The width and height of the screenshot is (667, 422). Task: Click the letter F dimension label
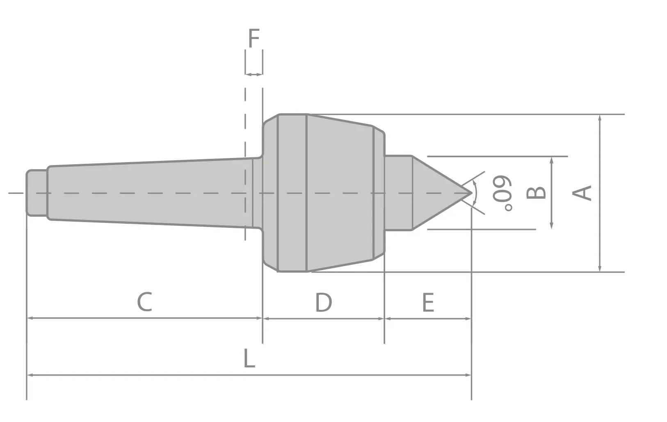tap(254, 39)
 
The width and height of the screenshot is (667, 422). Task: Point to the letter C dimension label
tap(145, 302)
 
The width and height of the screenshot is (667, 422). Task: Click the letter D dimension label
tap(323, 303)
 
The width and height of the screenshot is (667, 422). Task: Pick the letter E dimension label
tap(427, 303)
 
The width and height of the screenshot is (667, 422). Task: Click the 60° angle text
tap(503, 194)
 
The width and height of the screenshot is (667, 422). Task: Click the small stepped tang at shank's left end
tap(36, 193)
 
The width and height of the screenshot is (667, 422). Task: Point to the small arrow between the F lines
tap(254, 74)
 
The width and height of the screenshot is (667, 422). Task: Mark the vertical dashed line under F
tap(245, 164)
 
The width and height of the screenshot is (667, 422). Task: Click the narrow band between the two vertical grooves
tap(292, 193)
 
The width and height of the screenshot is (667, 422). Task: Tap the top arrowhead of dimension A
tap(600, 118)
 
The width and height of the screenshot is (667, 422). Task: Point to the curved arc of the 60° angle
tap(476, 193)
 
